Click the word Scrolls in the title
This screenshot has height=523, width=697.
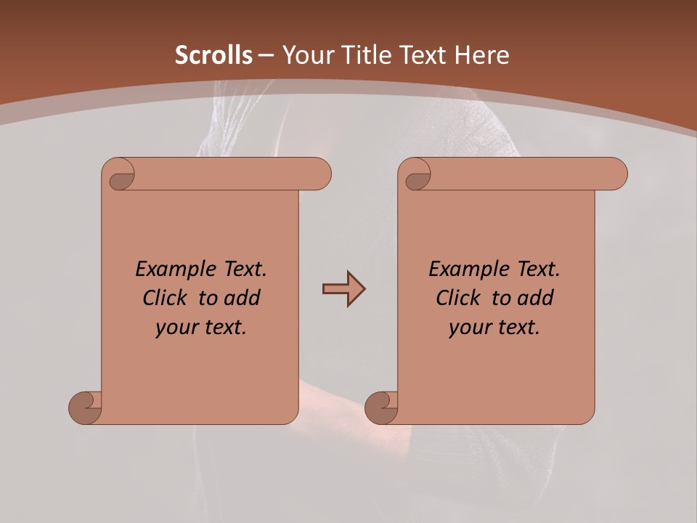pyautogui.click(x=213, y=54)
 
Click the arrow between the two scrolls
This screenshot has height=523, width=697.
pyautogui.click(x=343, y=289)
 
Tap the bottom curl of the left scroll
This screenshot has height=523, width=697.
pyautogui.click(x=86, y=408)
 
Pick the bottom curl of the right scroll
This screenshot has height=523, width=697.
pyautogui.click(x=382, y=408)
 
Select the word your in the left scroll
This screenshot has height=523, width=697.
pyautogui.click(x=176, y=328)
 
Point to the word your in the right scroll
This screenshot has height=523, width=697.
pyautogui.click(x=470, y=328)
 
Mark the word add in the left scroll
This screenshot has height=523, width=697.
pyautogui.click(x=242, y=298)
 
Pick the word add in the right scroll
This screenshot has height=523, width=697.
pyautogui.click(x=535, y=298)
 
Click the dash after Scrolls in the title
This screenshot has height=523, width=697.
pyautogui.click(x=266, y=55)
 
